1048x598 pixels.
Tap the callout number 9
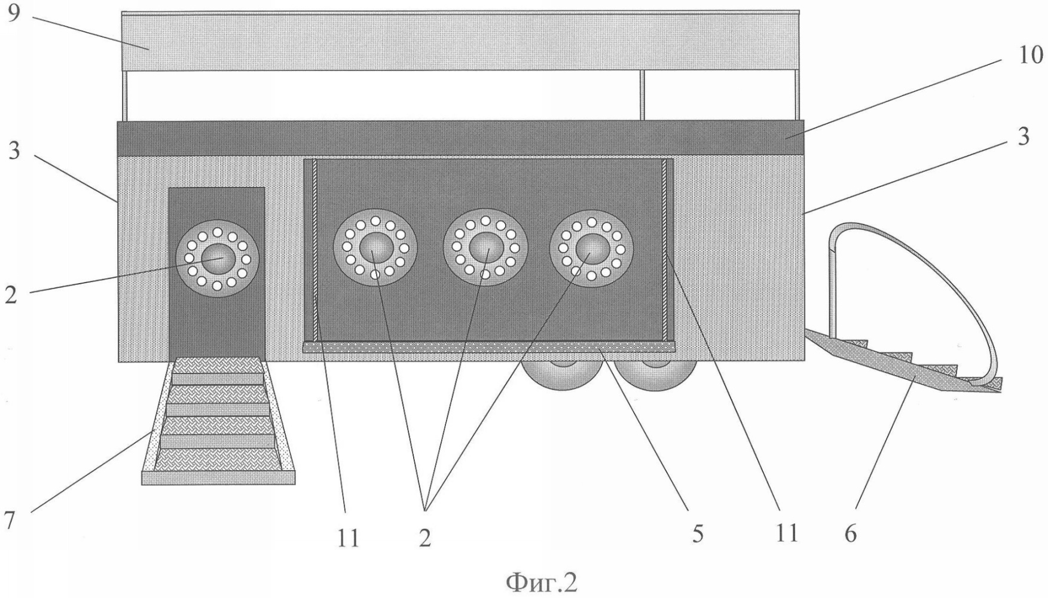14,13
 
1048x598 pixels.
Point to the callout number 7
10,520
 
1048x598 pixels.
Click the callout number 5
698,533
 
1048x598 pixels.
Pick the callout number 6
850,533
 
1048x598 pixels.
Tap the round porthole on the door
218,259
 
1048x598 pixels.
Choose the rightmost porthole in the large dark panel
591,247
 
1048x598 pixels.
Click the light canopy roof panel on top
460,41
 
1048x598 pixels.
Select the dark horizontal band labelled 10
460,138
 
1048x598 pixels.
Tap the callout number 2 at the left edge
11,295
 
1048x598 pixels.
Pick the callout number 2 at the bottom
424,538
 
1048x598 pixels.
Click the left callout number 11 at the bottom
347,538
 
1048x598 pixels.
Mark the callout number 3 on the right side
1024,137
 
